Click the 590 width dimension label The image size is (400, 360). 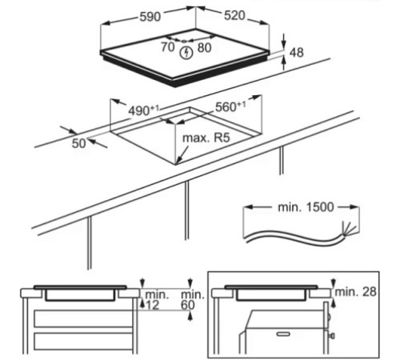(150, 17)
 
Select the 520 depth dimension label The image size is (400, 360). (234, 15)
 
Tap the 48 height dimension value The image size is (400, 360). (297, 53)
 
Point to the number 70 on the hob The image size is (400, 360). (168, 47)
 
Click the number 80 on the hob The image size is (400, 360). (205, 48)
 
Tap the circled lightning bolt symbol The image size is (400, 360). (186, 53)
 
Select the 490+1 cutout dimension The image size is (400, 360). (143, 110)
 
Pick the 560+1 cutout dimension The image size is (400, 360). (230, 106)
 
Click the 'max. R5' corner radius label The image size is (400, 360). (206, 138)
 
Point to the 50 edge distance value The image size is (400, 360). (78, 143)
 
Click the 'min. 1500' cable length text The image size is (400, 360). (306, 207)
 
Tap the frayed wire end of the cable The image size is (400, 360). (349, 230)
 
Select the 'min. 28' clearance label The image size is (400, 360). (355, 292)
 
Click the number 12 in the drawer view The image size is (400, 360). (152, 305)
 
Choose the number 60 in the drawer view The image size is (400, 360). (188, 305)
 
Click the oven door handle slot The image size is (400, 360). (283, 334)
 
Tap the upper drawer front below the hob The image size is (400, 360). (83, 318)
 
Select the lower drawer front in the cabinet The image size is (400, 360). (83, 342)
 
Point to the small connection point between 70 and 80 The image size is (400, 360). (184, 42)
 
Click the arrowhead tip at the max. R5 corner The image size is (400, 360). (177, 163)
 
